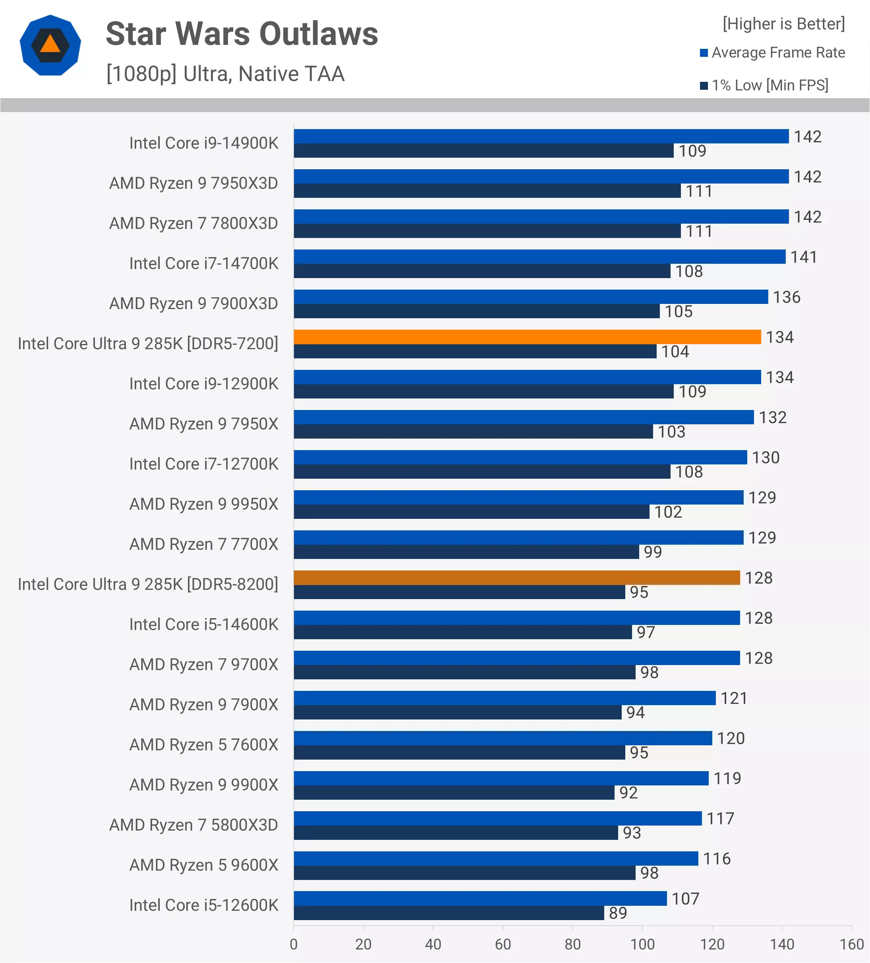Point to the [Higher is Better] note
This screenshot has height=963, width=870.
click(783, 24)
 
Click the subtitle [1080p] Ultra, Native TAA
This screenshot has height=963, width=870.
click(225, 74)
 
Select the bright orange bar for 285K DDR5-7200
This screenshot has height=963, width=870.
click(527, 337)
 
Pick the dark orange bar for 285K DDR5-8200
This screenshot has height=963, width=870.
click(516, 578)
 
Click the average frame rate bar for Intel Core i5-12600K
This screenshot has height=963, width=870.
click(480, 899)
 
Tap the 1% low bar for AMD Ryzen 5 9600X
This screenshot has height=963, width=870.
click(464, 873)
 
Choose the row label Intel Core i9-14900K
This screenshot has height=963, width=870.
click(203, 143)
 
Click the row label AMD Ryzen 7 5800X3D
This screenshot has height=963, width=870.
click(193, 825)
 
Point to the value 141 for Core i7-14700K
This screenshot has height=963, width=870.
click(804, 257)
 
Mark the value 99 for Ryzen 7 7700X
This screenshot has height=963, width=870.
click(653, 552)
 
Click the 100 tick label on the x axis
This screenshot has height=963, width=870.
click(642, 944)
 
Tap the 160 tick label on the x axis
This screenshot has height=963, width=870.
click(851, 944)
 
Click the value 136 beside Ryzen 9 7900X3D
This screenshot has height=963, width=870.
click(787, 297)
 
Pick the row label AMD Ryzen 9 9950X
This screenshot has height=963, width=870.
click(203, 504)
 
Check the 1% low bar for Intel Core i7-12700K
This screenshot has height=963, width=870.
click(481, 472)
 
